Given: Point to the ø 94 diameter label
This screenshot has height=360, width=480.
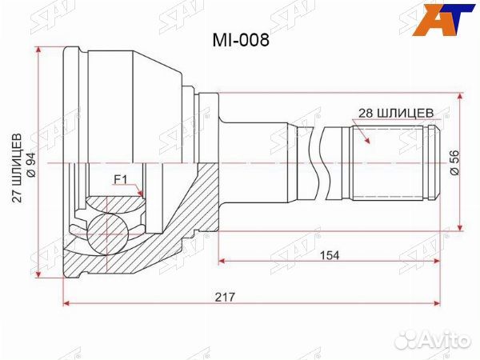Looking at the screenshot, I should click(x=30, y=162).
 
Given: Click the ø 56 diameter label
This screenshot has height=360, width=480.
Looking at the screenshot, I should click(x=454, y=162).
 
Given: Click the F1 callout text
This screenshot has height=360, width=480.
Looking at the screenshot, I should click(x=121, y=179).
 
